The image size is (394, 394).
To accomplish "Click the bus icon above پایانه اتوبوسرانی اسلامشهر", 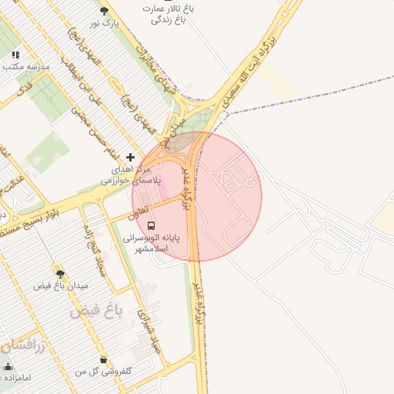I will pyautogui.click(x=151, y=226).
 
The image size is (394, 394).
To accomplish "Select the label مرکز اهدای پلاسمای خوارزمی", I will pyautogui.click(x=132, y=174).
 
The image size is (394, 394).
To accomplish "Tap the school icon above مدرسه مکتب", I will pyautogui.click(x=15, y=55).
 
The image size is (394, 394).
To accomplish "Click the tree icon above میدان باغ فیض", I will pyautogui.click(x=60, y=272).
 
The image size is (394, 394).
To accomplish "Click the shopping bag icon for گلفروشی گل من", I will pyautogui.click(x=103, y=359).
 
